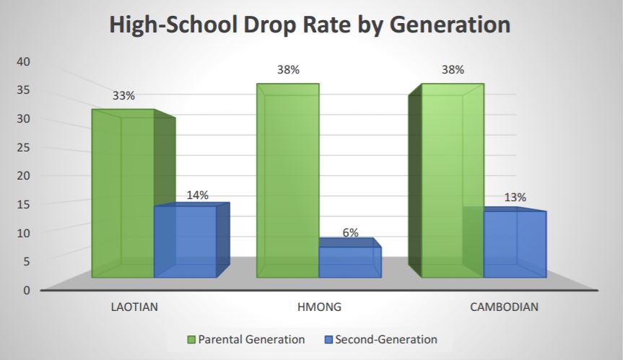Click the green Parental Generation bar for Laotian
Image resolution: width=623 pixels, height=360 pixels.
[123, 195]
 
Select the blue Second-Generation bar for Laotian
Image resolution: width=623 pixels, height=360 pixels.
[186, 242]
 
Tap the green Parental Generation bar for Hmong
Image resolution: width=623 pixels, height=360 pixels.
[287, 180]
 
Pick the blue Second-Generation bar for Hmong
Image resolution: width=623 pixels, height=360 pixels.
[350, 262]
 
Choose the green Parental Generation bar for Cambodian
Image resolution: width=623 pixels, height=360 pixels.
[452, 180]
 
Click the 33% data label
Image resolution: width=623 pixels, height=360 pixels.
[123, 95]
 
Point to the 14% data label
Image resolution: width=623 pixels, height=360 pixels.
[197, 195]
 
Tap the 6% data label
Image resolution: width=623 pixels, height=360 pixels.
[350, 233]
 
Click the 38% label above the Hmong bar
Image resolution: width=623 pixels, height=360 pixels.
[287, 70]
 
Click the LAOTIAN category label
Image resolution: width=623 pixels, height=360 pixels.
[134, 307]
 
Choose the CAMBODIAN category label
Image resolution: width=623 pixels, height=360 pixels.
[504, 307]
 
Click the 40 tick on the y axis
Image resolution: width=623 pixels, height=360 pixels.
[23, 62]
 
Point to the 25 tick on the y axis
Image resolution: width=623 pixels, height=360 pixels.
[23, 148]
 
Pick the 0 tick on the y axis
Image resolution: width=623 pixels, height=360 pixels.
[27, 290]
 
